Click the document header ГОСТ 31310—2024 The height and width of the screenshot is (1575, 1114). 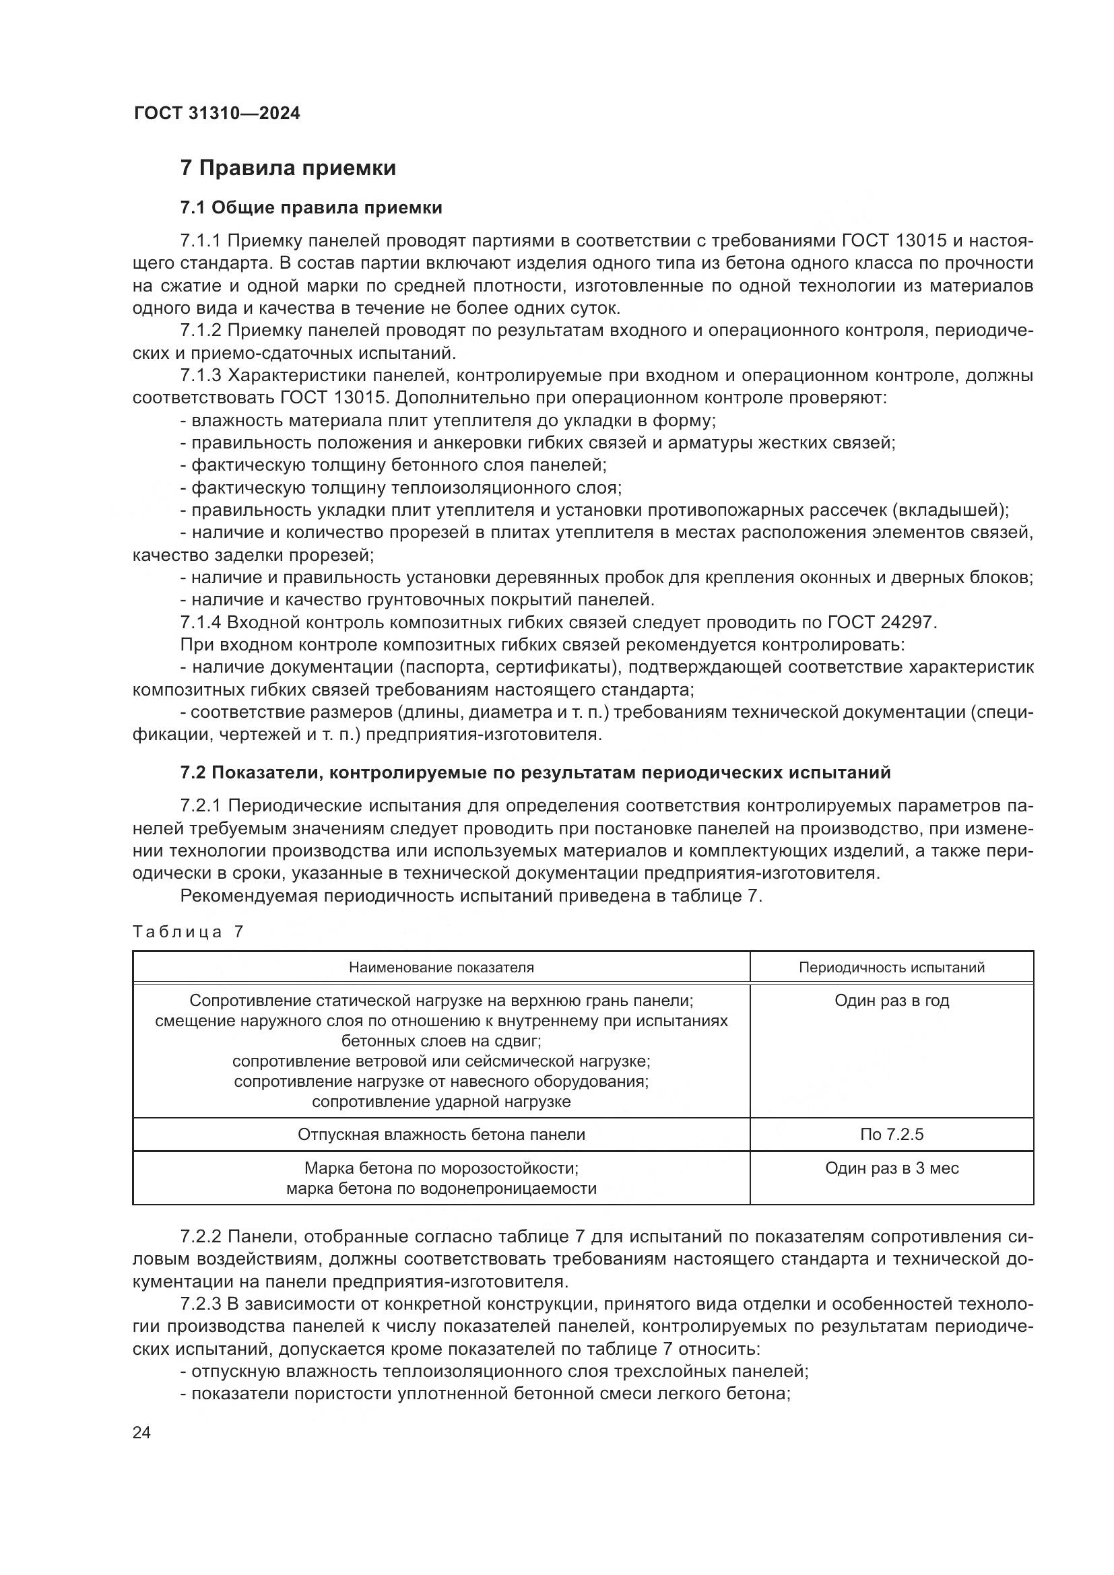tap(217, 114)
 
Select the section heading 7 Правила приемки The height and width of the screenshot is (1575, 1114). tap(288, 168)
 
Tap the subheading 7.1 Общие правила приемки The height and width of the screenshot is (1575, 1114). tap(310, 208)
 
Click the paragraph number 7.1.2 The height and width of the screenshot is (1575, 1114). tap(200, 331)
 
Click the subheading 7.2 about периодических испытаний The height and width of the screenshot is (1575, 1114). tap(535, 772)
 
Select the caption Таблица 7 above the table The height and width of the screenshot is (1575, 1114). tap(188, 931)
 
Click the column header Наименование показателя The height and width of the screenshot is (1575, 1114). tap(441, 967)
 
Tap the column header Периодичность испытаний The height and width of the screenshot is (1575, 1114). tap(891, 967)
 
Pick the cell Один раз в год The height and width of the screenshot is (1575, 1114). tap(891, 1001)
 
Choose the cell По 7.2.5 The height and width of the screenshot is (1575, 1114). tap(891, 1134)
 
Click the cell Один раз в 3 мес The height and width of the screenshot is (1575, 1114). tap(891, 1168)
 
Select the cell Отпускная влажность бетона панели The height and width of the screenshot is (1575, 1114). tap(441, 1134)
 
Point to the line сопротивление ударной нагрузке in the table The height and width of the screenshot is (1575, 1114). tap(441, 1102)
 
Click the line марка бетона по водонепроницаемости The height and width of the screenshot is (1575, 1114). tap(441, 1188)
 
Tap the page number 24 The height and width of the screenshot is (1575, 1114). tap(141, 1432)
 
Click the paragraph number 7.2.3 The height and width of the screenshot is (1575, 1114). tap(200, 1304)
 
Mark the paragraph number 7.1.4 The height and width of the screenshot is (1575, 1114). tap(200, 622)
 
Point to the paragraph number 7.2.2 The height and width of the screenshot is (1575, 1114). tap(200, 1237)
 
